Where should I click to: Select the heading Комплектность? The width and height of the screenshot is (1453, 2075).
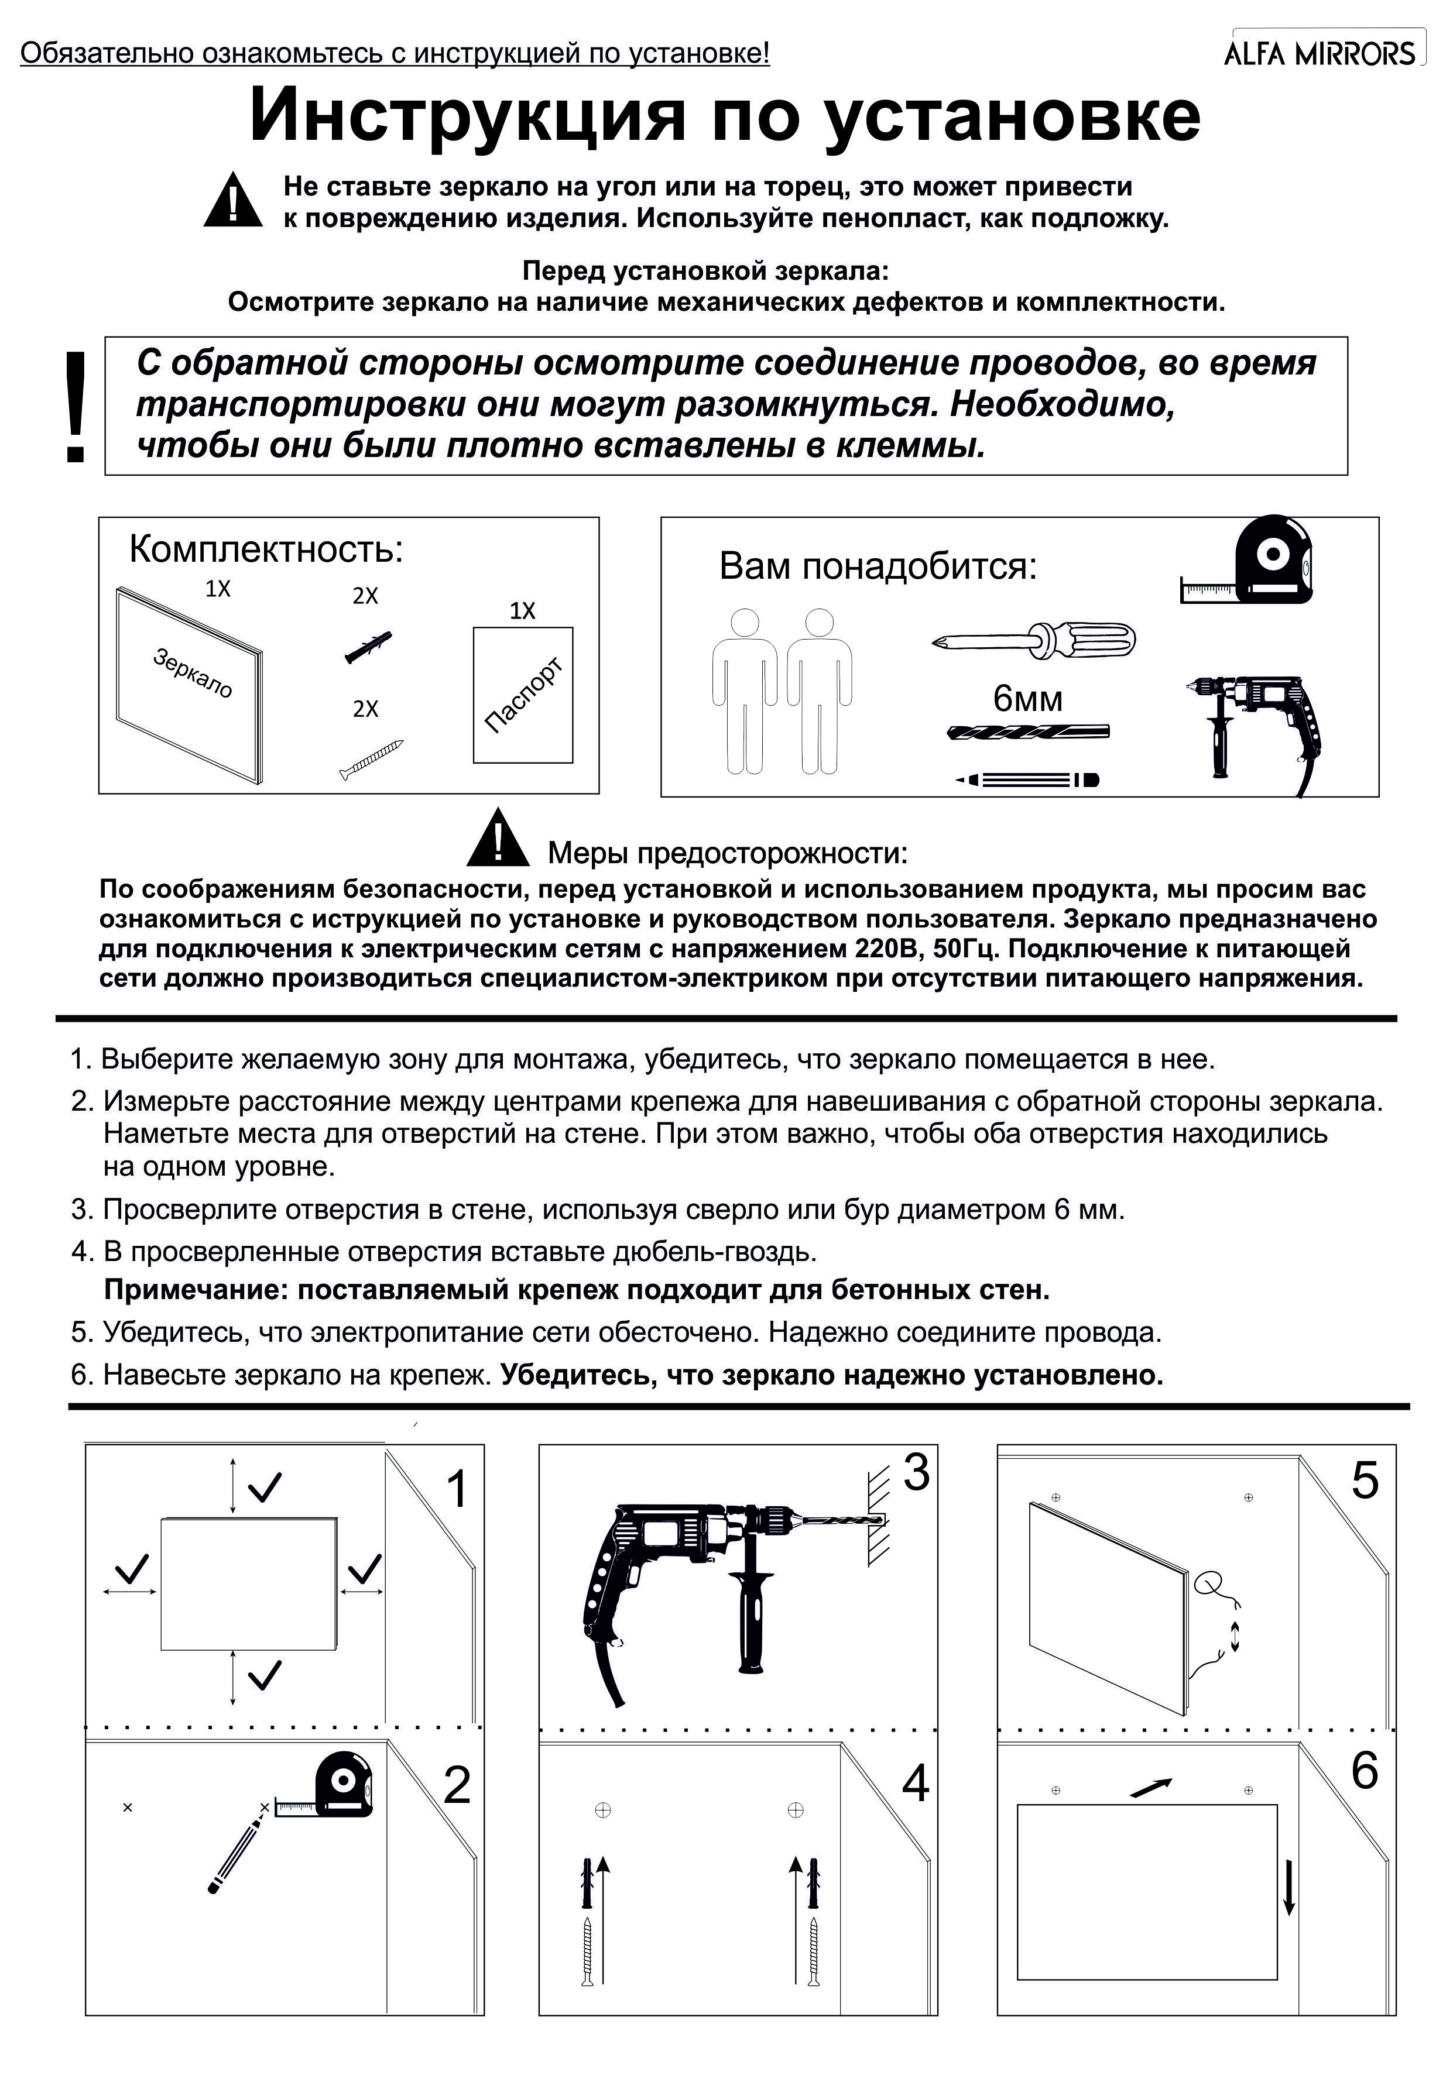tap(266, 548)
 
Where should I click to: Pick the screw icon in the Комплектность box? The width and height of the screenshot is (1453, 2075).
tap(371, 758)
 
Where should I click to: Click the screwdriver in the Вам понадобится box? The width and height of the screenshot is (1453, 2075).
tap(1033, 640)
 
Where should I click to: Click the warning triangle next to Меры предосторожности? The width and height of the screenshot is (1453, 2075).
tap(496, 838)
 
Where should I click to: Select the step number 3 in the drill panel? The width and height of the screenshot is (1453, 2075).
tap(916, 1472)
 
